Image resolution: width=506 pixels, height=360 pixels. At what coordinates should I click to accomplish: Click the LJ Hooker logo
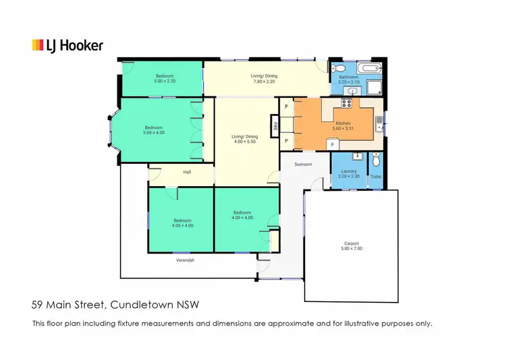[67, 45]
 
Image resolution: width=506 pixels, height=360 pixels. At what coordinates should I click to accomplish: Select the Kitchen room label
[343, 123]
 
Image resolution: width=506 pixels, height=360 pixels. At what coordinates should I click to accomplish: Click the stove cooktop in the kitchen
[348, 103]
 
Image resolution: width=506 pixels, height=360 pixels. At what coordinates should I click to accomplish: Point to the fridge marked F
[333, 145]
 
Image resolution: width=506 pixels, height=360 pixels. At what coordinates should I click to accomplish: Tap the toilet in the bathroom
[340, 69]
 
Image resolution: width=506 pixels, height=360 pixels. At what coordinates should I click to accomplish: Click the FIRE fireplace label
[275, 125]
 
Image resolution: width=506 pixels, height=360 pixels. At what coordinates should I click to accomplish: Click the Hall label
[188, 172]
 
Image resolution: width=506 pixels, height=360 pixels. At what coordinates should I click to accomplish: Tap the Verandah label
[185, 260]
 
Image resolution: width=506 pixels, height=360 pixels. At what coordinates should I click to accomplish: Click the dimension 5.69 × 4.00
[154, 133]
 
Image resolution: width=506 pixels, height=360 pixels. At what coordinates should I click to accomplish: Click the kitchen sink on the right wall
[381, 123]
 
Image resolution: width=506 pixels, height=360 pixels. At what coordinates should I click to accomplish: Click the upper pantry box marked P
[286, 107]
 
